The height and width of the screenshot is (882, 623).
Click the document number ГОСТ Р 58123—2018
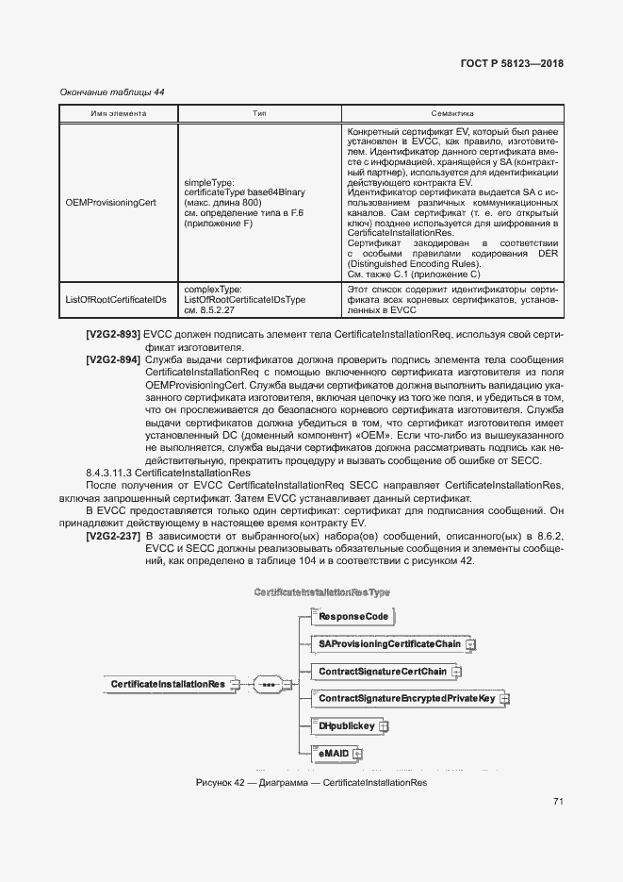pos(512,64)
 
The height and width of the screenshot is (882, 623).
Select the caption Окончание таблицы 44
pos(112,92)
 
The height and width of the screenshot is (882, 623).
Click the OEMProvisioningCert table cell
pos(110,202)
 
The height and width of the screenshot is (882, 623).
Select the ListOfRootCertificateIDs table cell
pos(116,299)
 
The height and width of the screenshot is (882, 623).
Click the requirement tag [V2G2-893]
pos(113,334)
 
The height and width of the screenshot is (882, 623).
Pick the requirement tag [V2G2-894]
pos(113,360)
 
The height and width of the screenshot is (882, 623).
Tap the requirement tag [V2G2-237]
pos(113,535)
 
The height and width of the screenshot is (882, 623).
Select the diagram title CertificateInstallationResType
pos(321,591)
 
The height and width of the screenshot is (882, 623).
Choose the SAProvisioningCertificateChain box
pos(389,644)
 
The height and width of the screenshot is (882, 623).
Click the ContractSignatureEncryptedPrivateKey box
pos(406,699)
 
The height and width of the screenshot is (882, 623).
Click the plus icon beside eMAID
pos(357,754)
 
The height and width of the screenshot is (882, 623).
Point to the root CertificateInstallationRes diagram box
pos(168,684)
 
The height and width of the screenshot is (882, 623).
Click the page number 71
pos(558,802)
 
